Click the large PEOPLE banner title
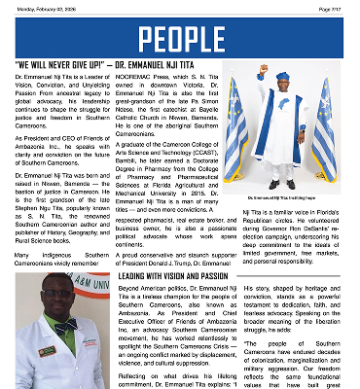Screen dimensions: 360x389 point(180,40)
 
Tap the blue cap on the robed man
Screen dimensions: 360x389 point(283,76)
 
